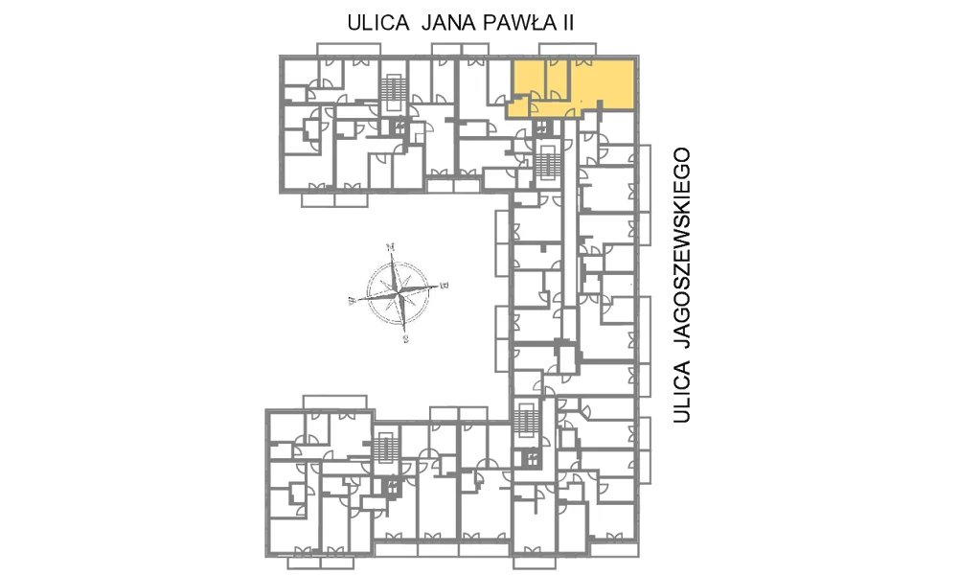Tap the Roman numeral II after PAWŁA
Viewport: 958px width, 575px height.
tap(566, 23)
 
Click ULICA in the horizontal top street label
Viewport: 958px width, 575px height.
tap(378, 23)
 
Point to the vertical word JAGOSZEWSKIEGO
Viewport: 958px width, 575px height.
tap(682, 247)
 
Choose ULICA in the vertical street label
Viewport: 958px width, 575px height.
tap(682, 392)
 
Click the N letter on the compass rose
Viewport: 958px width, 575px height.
tap(391, 247)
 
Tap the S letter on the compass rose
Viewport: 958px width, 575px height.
tap(405, 339)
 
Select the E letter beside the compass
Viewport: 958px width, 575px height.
tap(445, 286)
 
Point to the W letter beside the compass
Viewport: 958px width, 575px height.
tap(352, 301)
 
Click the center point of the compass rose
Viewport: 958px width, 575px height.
tap(399, 292)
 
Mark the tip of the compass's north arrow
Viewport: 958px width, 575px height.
tap(393, 253)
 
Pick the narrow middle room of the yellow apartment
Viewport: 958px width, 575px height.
tap(558, 80)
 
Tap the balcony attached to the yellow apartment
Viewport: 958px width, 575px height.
tap(567, 49)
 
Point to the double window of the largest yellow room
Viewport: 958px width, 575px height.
tap(582, 61)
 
